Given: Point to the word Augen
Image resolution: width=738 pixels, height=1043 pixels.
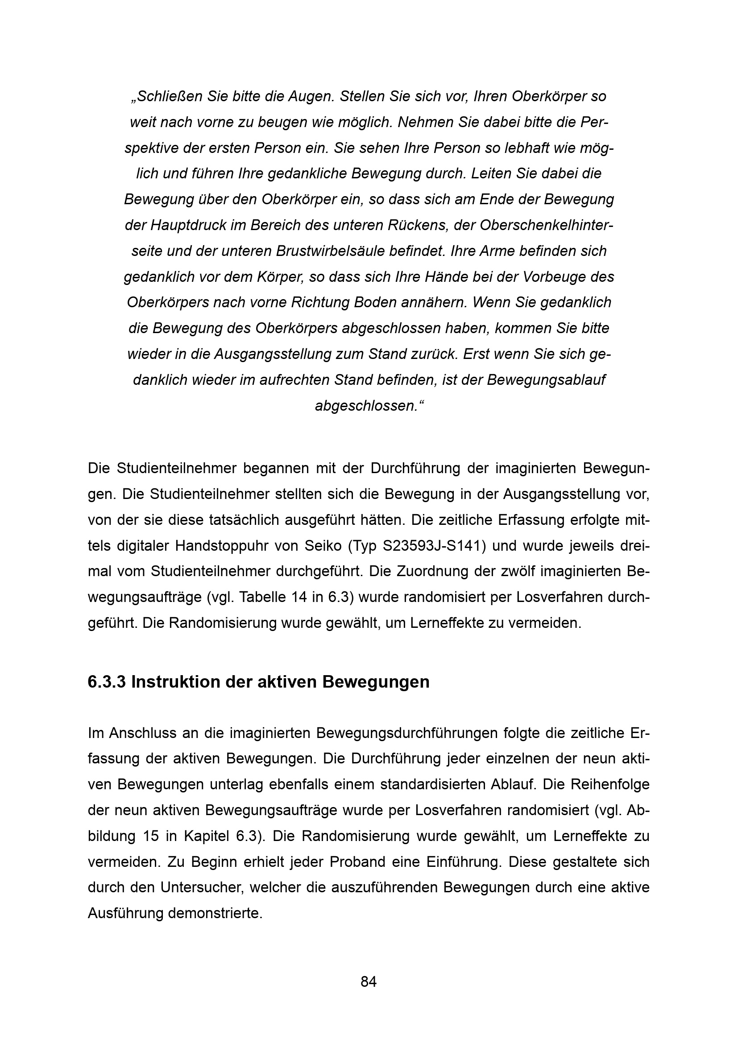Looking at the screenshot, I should pos(312,96).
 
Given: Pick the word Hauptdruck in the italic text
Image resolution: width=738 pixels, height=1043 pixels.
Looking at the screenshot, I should pos(188,225).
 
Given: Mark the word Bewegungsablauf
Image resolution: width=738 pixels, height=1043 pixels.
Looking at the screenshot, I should pos(546,380).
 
